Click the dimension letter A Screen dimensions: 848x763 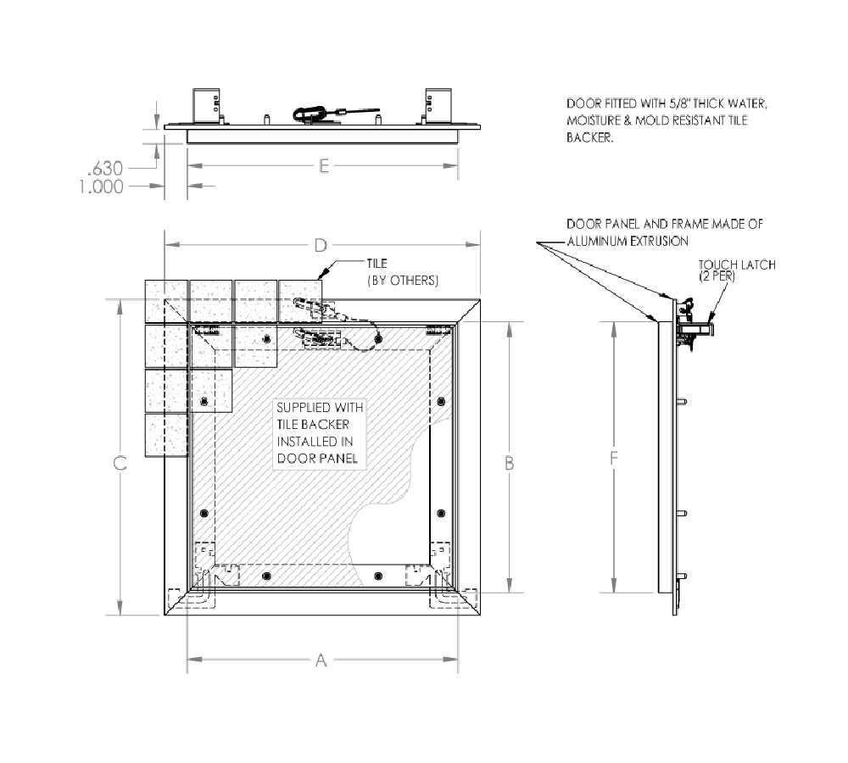(x=321, y=660)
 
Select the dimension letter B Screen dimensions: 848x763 (x=510, y=464)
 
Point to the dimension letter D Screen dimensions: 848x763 (x=321, y=246)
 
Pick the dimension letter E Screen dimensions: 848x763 (x=323, y=166)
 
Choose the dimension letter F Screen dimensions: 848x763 (x=613, y=459)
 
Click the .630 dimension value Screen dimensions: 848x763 (x=105, y=169)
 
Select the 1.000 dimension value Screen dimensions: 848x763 (x=101, y=187)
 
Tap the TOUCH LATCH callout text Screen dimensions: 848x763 (x=737, y=265)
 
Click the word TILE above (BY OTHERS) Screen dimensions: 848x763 (x=377, y=264)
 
